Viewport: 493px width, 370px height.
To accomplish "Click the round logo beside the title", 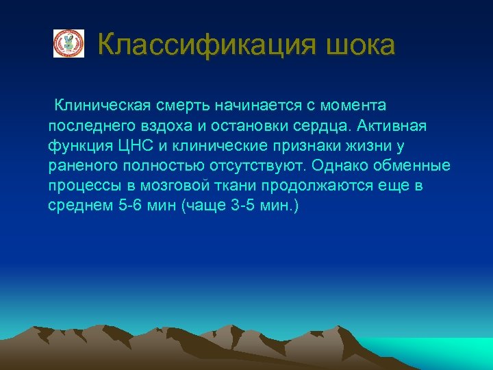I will tap(68, 44).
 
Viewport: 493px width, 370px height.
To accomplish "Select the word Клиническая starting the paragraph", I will tap(103, 106).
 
